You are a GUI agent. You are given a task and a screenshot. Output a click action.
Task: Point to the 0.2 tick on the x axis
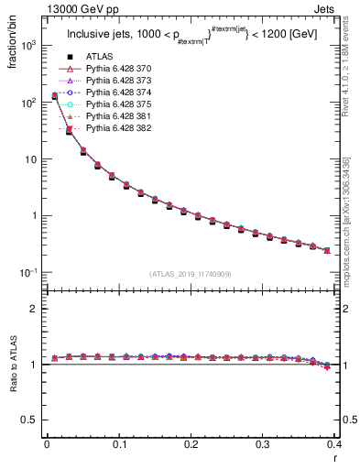(x=191, y=444)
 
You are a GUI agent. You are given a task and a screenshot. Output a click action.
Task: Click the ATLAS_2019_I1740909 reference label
(x=191, y=274)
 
